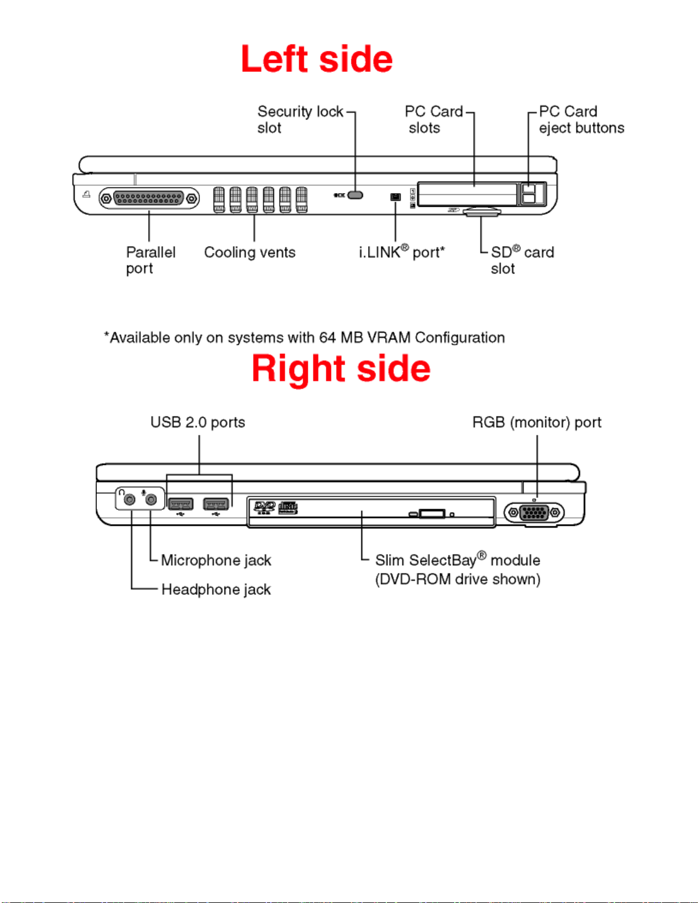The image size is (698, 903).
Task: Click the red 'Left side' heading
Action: pyautogui.click(x=317, y=59)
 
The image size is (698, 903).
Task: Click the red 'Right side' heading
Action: pyautogui.click(x=341, y=368)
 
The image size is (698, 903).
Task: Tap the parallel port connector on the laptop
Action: pyautogui.click(x=149, y=199)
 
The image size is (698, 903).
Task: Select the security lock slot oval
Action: pyautogui.click(x=355, y=195)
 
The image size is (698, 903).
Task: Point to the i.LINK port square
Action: pyautogui.click(x=395, y=197)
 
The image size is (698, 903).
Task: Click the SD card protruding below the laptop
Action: pyautogui.click(x=482, y=211)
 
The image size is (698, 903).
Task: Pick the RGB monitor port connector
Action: pyautogui.click(x=534, y=513)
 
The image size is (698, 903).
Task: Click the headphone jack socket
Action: pyautogui.click(x=130, y=500)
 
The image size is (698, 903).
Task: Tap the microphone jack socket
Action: pyautogui.click(x=151, y=500)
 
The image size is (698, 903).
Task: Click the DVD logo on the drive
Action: pyautogui.click(x=264, y=507)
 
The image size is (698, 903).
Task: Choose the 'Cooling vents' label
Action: pyautogui.click(x=250, y=252)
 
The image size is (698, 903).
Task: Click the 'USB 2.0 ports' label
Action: pyautogui.click(x=198, y=422)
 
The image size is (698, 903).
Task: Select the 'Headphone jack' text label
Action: pyautogui.click(x=216, y=589)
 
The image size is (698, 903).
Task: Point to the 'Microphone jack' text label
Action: pyautogui.click(x=216, y=560)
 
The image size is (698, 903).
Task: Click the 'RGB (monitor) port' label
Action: pyautogui.click(x=537, y=422)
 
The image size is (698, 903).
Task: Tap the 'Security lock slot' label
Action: pyautogui.click(x=300, y=120)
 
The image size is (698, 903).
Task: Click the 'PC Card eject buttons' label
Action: pyautogui.click(x=582, y=120)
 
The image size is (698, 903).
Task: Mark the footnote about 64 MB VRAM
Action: pyautogui.click(x=304, y=337)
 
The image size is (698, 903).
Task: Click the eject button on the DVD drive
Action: pyautogui.click(x=432, y=514)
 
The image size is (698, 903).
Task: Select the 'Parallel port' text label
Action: pyautogui.click(x=151, y=260)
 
